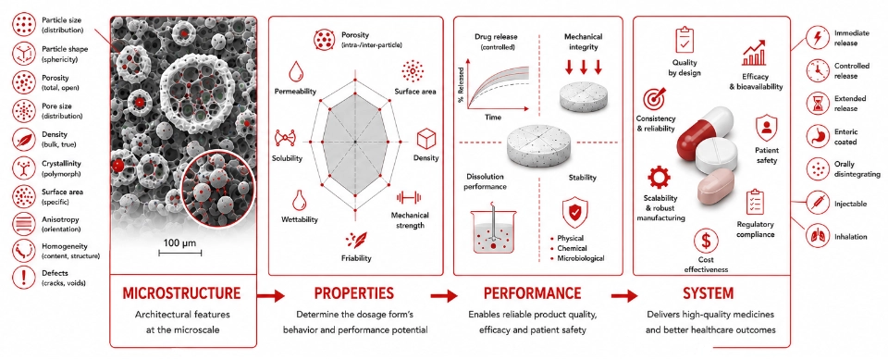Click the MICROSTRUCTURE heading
click(x=182, y=293)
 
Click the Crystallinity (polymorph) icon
click(x=23, y=167)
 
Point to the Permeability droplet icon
click(x=295, y=71)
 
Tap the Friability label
click(x=357, y=258)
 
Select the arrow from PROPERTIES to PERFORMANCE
click(x=443, y=295)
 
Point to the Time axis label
click(x=493, y=117)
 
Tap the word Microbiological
click(x=581, y=258)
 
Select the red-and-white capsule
click(x=705, y=133)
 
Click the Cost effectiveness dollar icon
click(x=706, y=241)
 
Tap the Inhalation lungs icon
click(x=816, y=236)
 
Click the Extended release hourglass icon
click(x=816, y=104)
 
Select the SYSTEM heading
click(x=711, y=293)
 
